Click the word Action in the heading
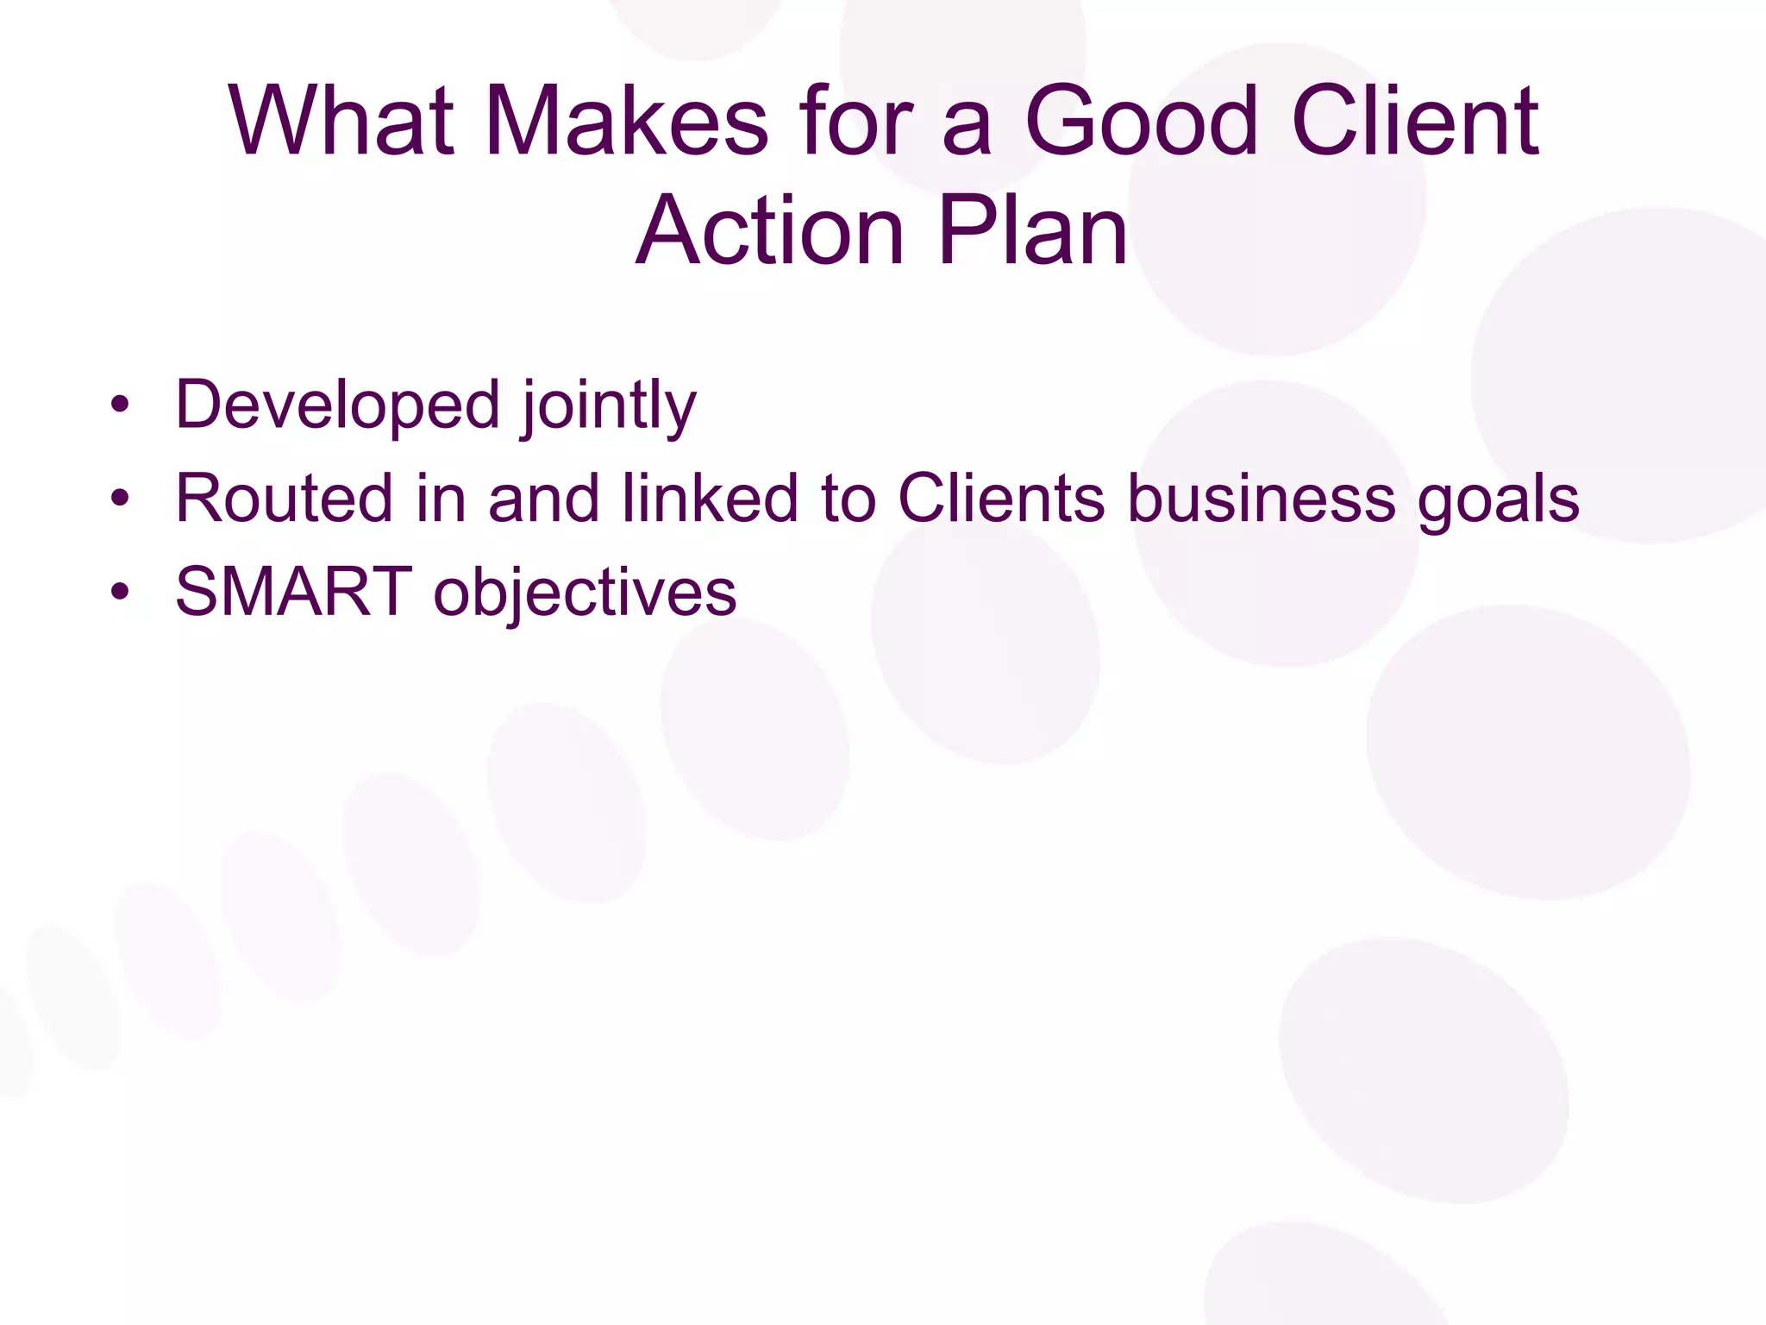point(769,230)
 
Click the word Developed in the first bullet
point(337,405)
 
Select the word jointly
point(608,406)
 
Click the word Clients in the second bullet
point(1001,498)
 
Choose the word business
point(1262,498)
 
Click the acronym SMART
point(293,592)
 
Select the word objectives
point(585,593)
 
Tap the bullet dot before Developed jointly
point(120,404)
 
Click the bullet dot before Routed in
point(120,498)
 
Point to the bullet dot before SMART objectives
point(120,592)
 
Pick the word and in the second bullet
point(543,498)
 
